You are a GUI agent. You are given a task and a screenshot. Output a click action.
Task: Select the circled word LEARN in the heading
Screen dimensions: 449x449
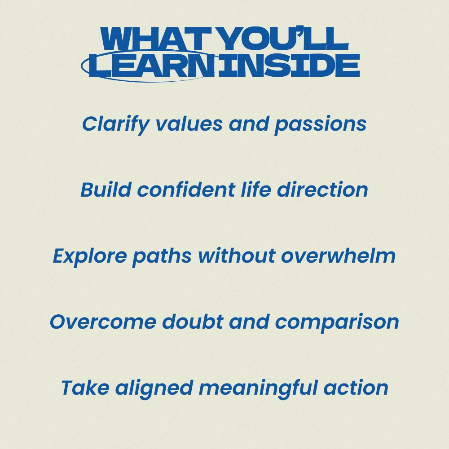click(x=152, y=65)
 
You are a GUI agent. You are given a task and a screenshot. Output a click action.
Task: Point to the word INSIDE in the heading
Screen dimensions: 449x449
click(x=289, y=65)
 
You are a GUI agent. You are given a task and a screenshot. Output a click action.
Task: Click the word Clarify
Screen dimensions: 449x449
click(x=116, y=124)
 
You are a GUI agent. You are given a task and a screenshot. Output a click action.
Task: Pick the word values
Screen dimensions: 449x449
click(x=189, y=124)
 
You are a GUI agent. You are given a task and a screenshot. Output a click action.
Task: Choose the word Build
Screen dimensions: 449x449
click(x=106, y=189)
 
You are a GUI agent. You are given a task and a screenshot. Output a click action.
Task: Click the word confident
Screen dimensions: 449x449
click(x=186, y=189)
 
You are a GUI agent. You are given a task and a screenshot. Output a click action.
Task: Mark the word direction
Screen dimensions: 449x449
click(x=322, y=189)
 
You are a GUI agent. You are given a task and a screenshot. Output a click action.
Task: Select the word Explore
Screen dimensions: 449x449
click(x=90, y=256)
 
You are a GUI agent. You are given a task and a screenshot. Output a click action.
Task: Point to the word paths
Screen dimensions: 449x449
click(x=162, y=256)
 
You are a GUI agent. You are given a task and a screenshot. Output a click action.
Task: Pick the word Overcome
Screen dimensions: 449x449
click(x=103, y=321)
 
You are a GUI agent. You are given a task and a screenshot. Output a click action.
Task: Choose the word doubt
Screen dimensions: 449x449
click(x=193, y=321)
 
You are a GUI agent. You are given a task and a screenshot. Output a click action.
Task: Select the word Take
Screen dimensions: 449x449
click(x=85, y=387)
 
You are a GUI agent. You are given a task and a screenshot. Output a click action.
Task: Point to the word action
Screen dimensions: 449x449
click(x=356, y=388)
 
